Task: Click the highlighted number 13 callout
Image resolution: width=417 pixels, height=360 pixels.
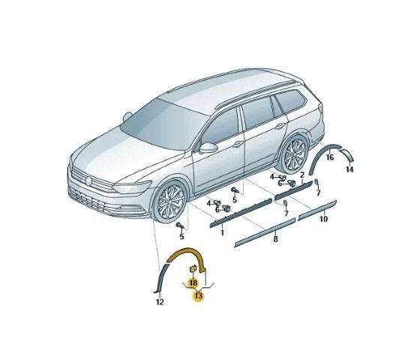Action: click(x=199, y=295)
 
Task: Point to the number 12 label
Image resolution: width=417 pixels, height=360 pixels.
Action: click(x=160, y=302)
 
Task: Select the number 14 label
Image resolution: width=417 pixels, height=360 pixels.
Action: click(x=349, y=169)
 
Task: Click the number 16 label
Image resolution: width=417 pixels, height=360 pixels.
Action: click(x=330, y=157)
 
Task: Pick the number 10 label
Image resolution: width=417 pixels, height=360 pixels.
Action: click(x=323, y=219)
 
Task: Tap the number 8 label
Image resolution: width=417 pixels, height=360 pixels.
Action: click(x=275, y=238)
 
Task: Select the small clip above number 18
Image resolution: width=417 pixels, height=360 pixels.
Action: click(x=193, y=268)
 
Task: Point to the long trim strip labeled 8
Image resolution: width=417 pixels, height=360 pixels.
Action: click(x=265, y=232)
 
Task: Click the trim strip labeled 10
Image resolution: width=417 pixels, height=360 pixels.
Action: click(x=317, y=210)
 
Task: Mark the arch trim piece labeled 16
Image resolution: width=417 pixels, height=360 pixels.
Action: click(x=320, y=154)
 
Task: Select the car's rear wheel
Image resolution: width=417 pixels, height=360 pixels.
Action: click(x=295, y=155)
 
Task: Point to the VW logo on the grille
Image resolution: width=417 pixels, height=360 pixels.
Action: click(x=88, y=181)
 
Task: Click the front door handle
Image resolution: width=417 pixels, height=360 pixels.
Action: click(x=238, y=144)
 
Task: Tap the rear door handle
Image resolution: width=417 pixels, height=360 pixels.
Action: click(x=280, y=126)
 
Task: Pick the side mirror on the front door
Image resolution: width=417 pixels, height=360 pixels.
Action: click(x=208, y=148)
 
